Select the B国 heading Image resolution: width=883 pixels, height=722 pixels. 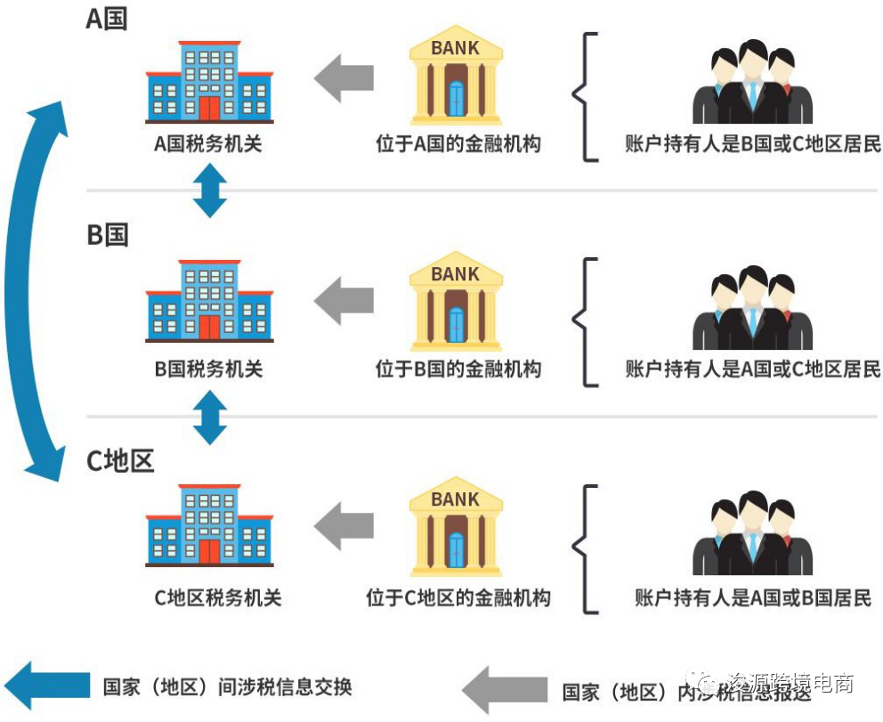click(107, 235)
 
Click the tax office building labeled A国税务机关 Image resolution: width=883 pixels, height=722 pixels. click(209, 82)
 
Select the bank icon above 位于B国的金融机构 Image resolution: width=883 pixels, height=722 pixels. click(455, 301)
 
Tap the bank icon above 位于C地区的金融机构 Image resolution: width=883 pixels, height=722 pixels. click(455, 526)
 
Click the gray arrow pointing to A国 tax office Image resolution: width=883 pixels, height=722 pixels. click(344, 77)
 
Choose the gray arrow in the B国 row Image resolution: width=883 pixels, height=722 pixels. click(344, 301)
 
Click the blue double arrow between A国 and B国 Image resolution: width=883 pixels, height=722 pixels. click(210, 191)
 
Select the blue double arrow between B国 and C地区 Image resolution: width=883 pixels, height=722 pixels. click(210, 416)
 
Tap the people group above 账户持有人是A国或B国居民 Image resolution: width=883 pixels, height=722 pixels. click(753, 534)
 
